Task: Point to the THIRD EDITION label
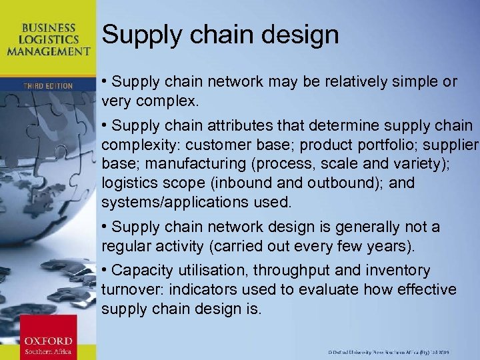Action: pyautogui.click(x=48, y=86)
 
